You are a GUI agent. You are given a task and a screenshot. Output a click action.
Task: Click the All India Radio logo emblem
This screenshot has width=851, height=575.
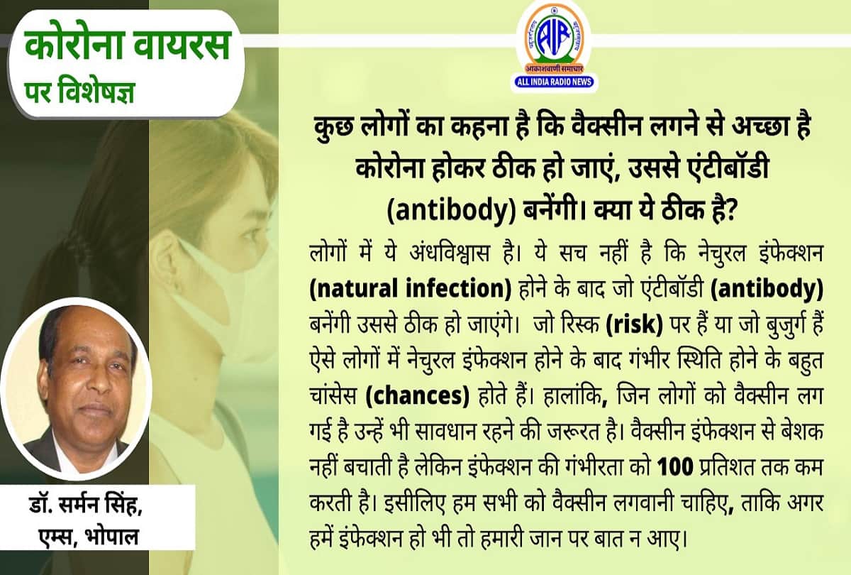[x=554, y=33]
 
